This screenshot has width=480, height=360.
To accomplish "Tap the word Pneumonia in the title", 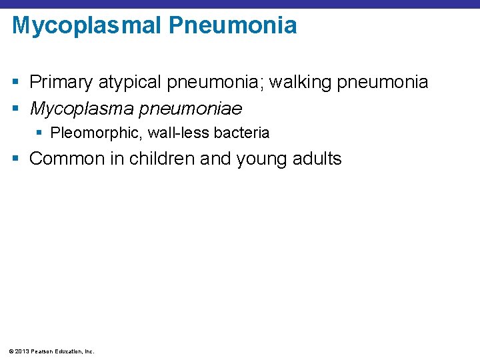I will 233,26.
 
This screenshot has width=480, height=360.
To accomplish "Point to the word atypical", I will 129,83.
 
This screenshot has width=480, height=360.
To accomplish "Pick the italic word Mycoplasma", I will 83,108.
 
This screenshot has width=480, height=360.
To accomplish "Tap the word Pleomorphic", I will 97,133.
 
